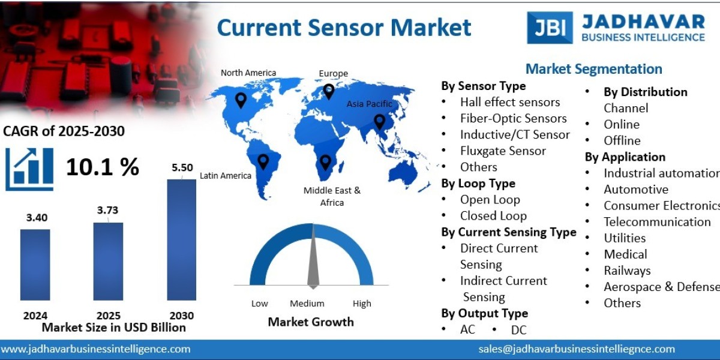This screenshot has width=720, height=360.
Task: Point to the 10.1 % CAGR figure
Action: click(x=102, y=167)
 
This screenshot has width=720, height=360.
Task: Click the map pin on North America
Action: click(x=241, y=100)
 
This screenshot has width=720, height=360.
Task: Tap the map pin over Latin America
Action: click(x=263, y=161)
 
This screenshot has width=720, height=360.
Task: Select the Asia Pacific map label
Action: click(x=369, y=104)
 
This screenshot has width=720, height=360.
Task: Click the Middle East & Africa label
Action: click(x=332, y=196)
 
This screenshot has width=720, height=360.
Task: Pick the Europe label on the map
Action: click(x=333, y=73)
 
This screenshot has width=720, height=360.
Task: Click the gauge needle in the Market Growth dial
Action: click(x=313, y=258)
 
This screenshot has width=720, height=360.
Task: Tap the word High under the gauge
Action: click(x=362, y=304)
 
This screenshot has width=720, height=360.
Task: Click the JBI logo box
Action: click(x=550, y=28)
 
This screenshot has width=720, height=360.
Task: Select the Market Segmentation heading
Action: click(x=593, y=69)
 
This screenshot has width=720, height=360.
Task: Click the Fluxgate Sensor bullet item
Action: click(x=503, y=151)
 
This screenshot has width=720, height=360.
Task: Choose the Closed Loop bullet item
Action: click(x=493, y=215)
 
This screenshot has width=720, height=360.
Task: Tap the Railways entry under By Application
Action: click(x=627, y=270)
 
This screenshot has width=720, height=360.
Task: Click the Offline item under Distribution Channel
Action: click(x=622, y=140)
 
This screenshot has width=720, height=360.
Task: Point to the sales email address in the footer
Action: click(x=577, y=349)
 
